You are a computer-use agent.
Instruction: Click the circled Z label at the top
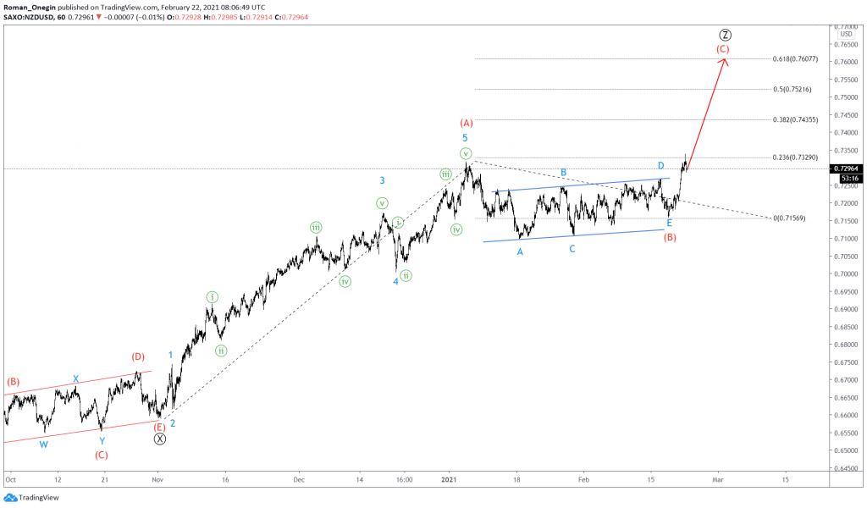726,35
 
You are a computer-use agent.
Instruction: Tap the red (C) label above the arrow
722,49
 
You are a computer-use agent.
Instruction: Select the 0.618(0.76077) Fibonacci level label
796,59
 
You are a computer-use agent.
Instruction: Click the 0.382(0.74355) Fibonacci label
796,120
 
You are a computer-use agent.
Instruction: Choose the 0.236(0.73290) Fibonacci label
796,157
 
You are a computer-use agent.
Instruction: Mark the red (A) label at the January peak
466,123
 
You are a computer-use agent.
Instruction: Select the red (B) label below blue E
670,237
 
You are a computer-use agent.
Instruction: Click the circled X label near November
160,439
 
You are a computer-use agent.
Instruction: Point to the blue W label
43,444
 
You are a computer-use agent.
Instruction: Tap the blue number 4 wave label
395,281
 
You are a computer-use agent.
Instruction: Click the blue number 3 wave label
383,180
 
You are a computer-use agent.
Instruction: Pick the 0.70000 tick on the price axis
846,274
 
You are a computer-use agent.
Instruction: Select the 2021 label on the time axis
449,478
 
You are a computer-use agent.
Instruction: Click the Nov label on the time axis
157,478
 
